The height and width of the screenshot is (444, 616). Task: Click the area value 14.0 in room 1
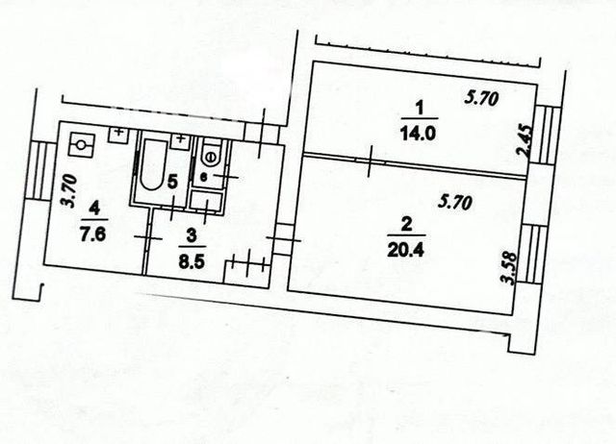coord(418,133)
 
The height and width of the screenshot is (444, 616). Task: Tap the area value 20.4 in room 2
coord(405,250)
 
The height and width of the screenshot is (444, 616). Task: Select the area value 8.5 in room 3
coord(192,261)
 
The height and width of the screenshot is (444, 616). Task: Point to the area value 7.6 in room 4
coord(93,234)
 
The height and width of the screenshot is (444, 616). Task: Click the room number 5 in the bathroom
coord(171,182)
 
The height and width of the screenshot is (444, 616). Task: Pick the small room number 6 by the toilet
coord(203,177)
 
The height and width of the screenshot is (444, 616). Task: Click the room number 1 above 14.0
coord(420,109)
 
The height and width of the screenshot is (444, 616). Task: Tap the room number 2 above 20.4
coord(406,225)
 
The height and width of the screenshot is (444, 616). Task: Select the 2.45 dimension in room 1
coord(527,140)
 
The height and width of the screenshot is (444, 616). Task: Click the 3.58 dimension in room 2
coord(509,268)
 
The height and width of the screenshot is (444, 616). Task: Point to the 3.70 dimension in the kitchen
coord(69,191)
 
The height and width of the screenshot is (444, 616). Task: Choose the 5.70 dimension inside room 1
coord(481,98)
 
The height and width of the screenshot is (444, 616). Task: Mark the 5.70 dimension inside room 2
coord(455,203)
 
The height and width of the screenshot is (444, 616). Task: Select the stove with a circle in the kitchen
coord(82,145)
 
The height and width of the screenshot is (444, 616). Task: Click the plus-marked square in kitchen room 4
coord(118,135)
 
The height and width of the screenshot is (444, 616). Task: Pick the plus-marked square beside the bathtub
coord(181,140)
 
